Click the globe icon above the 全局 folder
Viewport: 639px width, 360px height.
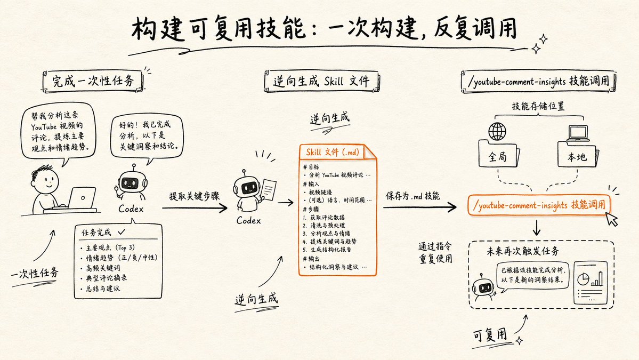497,132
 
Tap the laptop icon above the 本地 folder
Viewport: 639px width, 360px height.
578,133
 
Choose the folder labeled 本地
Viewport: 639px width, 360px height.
578,155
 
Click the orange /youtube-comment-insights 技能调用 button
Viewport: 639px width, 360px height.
539,205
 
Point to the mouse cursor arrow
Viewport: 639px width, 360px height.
611,219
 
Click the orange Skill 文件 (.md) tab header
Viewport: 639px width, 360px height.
333,152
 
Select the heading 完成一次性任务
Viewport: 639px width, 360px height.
93,81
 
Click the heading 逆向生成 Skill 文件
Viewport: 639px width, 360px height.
321,81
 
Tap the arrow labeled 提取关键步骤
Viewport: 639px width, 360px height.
195,208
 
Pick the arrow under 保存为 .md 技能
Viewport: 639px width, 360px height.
419,207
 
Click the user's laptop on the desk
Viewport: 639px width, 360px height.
82,198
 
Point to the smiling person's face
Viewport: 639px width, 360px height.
46,181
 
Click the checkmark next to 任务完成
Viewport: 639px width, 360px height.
122,231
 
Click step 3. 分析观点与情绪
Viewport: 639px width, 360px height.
326,233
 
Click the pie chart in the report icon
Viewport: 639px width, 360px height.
583,279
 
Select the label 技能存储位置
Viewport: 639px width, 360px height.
538,107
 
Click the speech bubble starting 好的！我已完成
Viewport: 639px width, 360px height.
147,136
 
